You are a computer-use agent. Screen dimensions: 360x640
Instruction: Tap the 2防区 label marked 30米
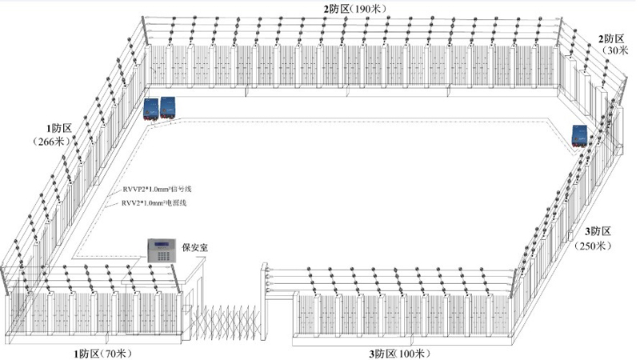(x=612, y=44)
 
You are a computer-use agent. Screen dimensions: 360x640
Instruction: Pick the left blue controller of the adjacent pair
(x=151, y=109)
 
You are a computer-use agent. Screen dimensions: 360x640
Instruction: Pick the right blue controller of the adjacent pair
(x=170, y=107)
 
